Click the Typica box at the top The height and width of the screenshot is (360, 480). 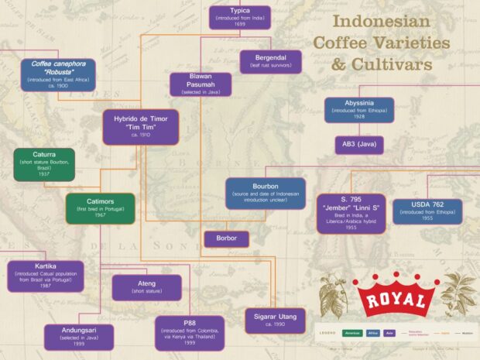coord(239,17)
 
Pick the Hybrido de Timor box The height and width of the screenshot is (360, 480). coord(141,126)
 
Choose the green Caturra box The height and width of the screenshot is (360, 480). coord(44,164)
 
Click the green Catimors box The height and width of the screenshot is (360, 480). coord(101,208)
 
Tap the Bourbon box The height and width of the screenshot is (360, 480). coord(266,194)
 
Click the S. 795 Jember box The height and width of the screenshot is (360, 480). coord(351,213)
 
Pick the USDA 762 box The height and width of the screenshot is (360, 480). coord(427,211)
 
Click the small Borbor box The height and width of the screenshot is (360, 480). coord(226,239)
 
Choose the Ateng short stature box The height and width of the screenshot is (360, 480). coord(147,287)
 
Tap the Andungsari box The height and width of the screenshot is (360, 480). coord(79,334)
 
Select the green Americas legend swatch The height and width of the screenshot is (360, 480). coord(353,333)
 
